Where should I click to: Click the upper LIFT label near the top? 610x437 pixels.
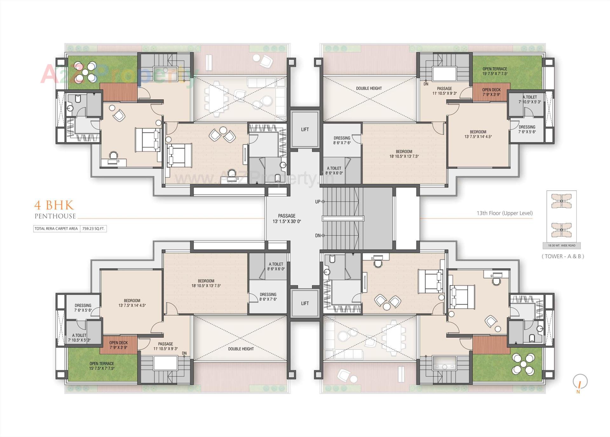(x=305, y=129)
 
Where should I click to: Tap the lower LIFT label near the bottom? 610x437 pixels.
(x=305, y=303)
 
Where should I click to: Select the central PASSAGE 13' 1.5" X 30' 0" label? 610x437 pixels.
(x=287, y=218)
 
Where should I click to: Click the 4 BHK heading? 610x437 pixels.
(x=54, y=205)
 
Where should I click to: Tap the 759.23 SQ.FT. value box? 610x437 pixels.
(x=93, y=228)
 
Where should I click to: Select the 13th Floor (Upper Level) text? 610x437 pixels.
(x=505, y=213)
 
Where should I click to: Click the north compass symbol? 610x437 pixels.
(x=580, y=382)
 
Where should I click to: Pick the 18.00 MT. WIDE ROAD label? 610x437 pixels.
(x=561, y=245)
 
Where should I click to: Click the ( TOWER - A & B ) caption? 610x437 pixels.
(x=563, y=256)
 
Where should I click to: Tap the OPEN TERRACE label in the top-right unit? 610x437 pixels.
(x=495, y=71)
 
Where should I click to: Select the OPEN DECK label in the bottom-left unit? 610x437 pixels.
(x=119, y=345)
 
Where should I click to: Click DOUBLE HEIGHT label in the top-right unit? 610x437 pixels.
(x=369, y=88)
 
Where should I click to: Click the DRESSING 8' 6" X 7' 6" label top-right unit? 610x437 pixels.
(x=342, y=140)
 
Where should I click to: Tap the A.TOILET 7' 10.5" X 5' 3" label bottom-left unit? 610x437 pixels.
(x=79, y=338)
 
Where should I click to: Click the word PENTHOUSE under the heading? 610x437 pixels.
(x=55, y=216)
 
